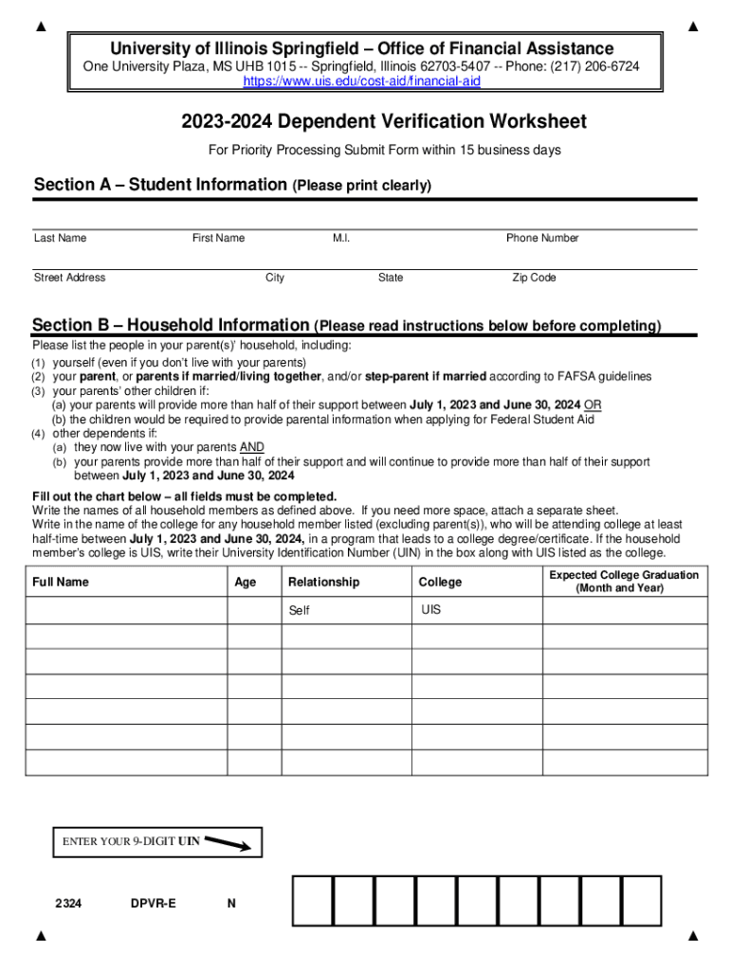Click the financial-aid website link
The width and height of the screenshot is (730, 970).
tap(362, 82)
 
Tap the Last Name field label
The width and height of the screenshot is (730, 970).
tap(60, 238)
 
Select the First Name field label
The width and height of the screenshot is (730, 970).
tap(218, 238)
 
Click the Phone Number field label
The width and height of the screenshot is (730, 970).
tap(542, 238)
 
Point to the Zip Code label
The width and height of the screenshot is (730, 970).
tap(534, 278)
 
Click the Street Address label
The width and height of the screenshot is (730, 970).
tap(69, 278)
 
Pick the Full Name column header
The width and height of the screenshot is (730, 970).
tap(61, 582)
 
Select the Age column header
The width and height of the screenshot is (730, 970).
tap(245, 582)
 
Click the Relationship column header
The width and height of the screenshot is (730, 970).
tap(323, 582)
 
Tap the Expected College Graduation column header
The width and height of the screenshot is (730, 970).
tap(624, 581)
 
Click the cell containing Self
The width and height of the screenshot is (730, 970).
tap(346, 611)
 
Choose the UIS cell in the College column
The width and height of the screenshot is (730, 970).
tap(476, 610)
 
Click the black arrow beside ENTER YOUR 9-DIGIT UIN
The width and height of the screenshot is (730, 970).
tap(228, 842)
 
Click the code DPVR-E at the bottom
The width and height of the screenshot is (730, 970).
tap(153, 904)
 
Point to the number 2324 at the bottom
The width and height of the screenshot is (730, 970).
tap(68, 904)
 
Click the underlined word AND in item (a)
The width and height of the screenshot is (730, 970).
tap(252, 447)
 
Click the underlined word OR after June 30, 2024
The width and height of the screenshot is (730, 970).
tap(593, 404)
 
